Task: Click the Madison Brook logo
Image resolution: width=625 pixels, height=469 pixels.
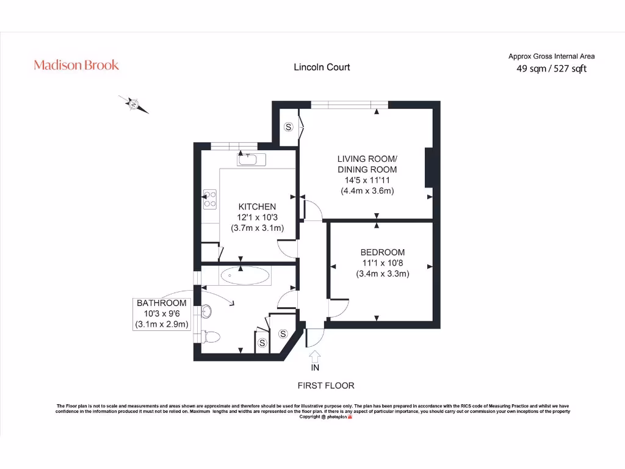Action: [x=76, y=65]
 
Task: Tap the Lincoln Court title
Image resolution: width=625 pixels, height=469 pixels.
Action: [x=322, y=67]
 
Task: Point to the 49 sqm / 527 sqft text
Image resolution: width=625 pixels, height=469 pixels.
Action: [x=551, y=69]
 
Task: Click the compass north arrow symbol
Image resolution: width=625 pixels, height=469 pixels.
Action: [x=134, y=104]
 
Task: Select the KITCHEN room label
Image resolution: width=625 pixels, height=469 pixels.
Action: [x=257, y=207]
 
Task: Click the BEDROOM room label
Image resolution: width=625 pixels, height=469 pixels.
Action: [x=382, y=252]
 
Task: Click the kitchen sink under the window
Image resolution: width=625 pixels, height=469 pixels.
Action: [x=250, y=159]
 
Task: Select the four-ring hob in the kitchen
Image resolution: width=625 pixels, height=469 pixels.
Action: [x=209, y=198]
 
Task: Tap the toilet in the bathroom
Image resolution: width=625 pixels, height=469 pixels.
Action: [x=211, y=336]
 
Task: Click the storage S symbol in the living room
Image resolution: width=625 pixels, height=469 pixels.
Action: [x=289, y=127]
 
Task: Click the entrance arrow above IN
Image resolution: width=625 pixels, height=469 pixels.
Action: [x=315, y=355]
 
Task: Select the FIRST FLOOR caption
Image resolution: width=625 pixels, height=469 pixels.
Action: [x=325, y=385]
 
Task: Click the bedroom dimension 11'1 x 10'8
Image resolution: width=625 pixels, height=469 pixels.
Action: [x=382, y=263]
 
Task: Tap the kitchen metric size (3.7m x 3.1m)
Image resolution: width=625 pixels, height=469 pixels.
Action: [x=257, y=228]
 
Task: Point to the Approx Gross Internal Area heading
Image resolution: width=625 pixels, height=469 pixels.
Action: [x=551, y=56]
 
